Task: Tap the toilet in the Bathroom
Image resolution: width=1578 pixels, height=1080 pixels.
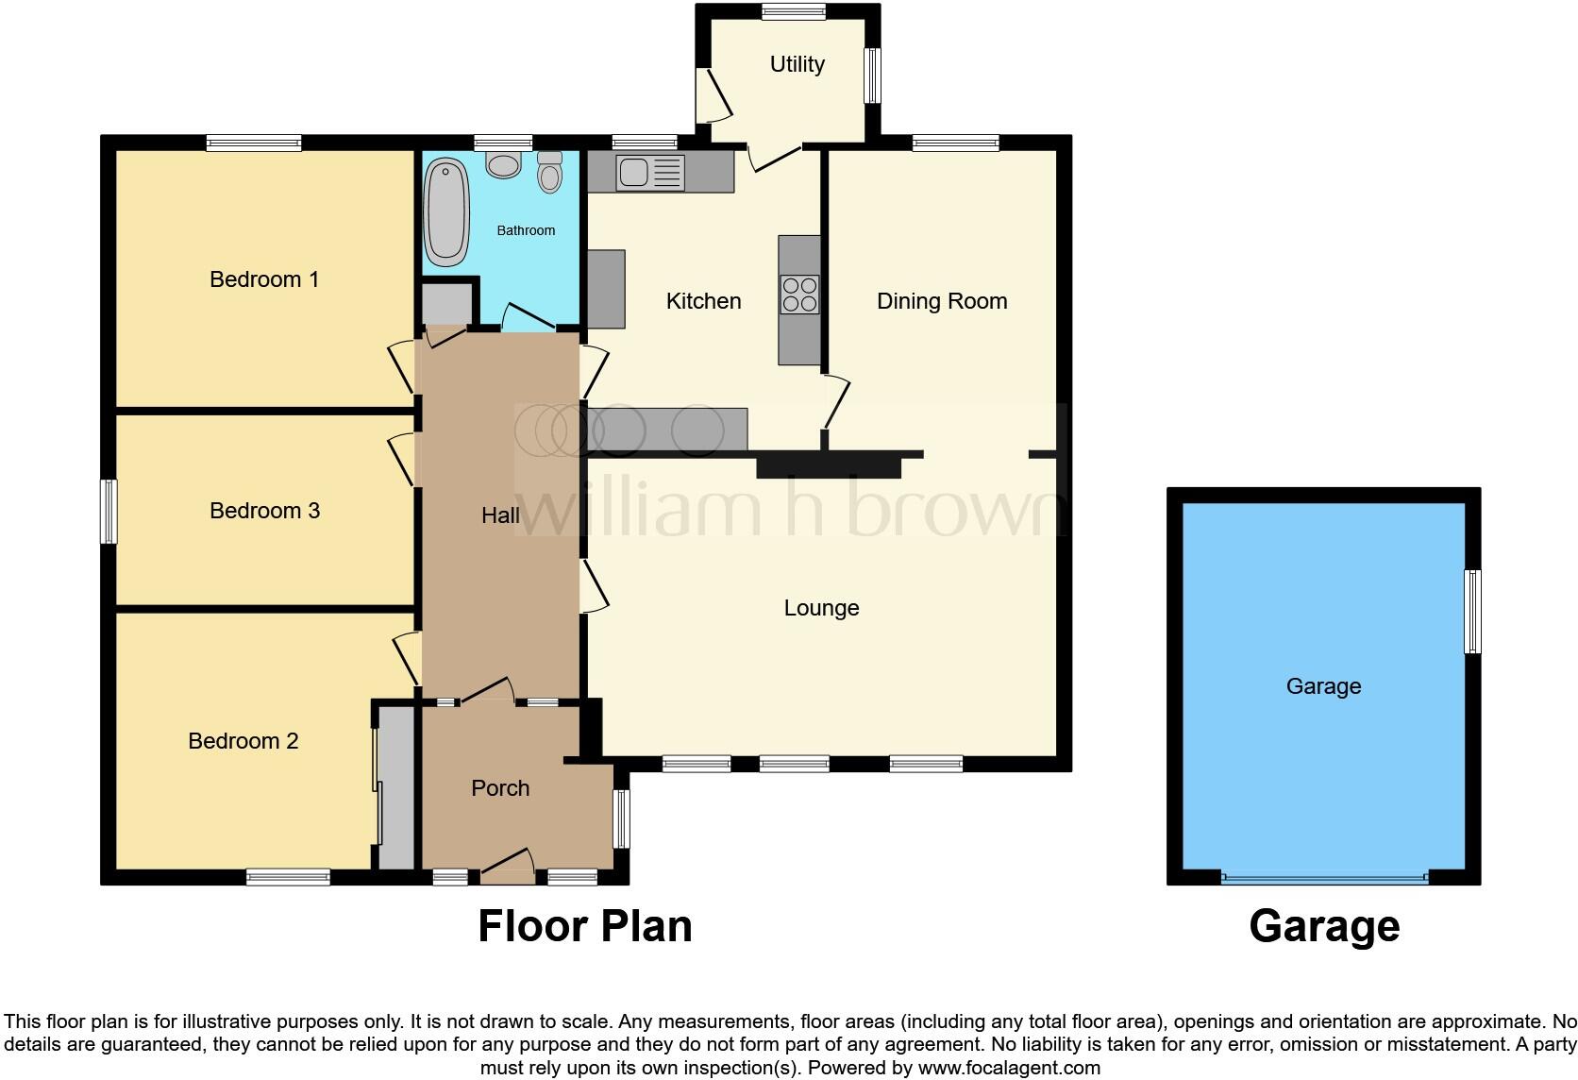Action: click(x=549, y=172)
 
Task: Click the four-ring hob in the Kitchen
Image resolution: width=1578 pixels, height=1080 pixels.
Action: click(x=799, y=294)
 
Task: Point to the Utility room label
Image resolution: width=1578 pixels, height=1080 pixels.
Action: click(x=797, y=64)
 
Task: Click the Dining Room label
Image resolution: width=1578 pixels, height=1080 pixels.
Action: click(x=941, y=301)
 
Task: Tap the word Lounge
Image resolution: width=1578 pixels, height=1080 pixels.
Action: click(x=821, y=608)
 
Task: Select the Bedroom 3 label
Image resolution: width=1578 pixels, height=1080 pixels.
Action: click(x=264, y=511)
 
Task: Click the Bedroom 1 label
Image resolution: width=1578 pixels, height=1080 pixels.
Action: click(x=263, y=279)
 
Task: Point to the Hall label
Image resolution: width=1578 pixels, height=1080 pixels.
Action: click(x=500, y=515)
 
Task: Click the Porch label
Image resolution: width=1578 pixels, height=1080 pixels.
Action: click(x=500, y=788)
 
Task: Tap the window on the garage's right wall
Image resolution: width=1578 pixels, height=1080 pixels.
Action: click(x=1471, y=611)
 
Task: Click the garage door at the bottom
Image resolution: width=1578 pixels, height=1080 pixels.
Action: click(x=1324, y=878)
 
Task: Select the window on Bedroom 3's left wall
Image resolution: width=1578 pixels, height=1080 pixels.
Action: click(x=109, y=512)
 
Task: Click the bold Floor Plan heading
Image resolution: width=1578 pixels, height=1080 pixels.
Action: click(x=584, y=926)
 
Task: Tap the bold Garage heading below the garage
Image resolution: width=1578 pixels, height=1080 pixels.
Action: click(x=1323, y=926)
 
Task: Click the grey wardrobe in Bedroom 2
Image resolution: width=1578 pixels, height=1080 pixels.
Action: click(x=396, y=786)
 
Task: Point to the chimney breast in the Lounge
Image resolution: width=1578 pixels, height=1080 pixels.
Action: click(x=828, y=466)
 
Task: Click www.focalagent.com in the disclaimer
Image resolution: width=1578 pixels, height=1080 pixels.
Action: click(x=1009, y=1068)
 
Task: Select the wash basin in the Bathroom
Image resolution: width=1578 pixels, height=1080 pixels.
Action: click(x=504, y=165)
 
